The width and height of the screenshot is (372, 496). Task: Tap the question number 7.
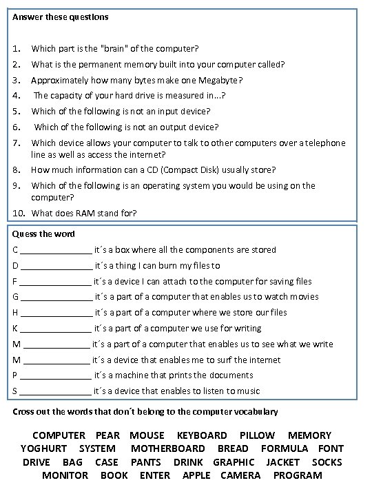17,143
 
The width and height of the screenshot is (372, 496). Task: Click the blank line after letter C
56,251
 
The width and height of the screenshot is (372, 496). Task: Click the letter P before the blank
16,375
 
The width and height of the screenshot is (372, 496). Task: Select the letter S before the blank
16,391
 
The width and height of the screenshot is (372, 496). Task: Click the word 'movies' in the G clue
304,297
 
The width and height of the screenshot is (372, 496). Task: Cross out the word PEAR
107,435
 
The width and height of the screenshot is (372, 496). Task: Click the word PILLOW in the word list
257,435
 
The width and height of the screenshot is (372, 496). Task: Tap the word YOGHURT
44,448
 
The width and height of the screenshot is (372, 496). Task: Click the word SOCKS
327,462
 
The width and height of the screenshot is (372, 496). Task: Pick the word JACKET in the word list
283,462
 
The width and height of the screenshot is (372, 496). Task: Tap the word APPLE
198,475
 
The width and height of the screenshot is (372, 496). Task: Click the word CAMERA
240,475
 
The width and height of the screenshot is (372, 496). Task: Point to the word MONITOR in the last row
65,475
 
